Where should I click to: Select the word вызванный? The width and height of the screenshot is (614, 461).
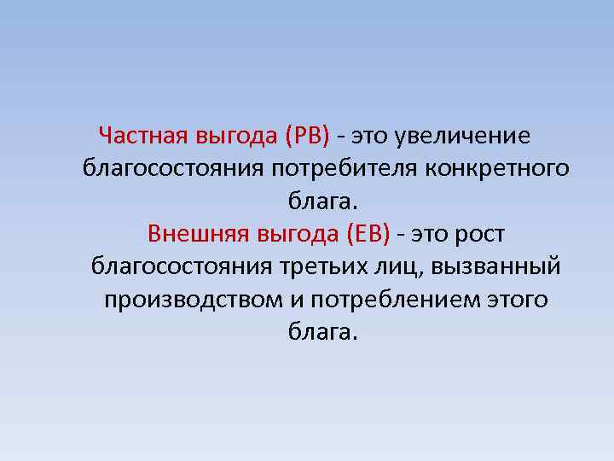(x=496, y=266)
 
